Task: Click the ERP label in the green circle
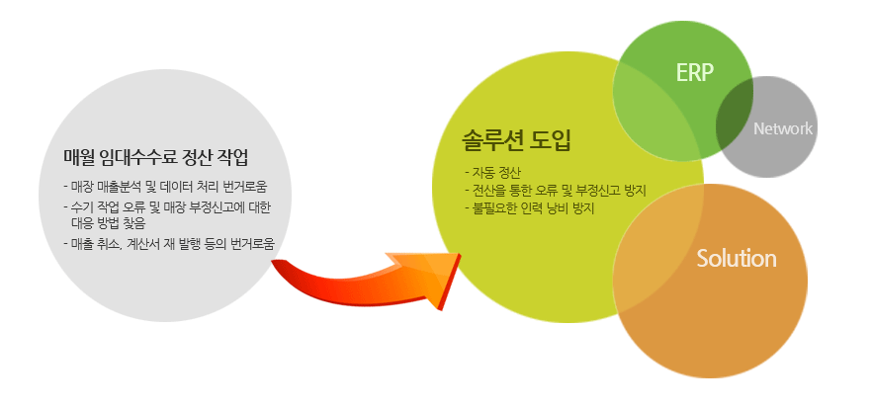[694, 72]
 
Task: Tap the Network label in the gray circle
[783, 129]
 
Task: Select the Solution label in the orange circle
[736, 259]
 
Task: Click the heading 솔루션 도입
[517, 141]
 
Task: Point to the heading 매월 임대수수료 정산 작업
[156, 158]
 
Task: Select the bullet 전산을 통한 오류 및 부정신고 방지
[555, 191]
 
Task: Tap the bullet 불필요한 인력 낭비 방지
[530, 209]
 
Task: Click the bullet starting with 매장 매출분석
[169, 186]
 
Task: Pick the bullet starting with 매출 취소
[169, 244]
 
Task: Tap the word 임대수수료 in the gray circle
[139, 158]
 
